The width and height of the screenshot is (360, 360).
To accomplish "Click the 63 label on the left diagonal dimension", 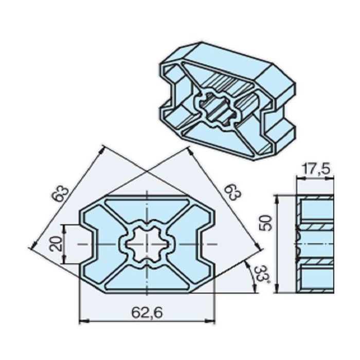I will point(60,192).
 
